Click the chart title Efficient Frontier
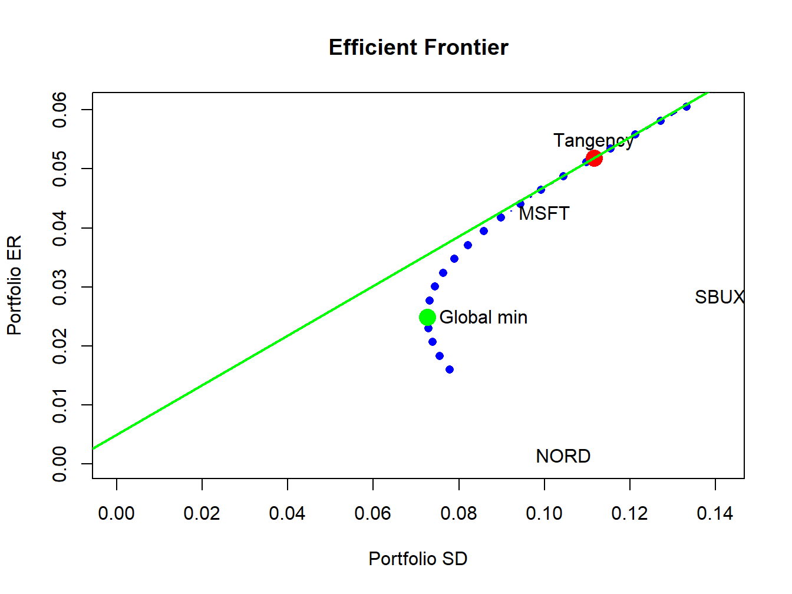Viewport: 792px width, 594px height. point(418,48)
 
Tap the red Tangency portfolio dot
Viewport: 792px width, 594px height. point(594,158)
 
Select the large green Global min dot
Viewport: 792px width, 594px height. point(427,318)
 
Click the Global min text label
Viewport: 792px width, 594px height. point(483,318)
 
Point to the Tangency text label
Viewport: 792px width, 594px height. point(593,141)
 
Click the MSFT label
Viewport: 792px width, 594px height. point(544,213)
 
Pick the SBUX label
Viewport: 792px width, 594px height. point(719,297)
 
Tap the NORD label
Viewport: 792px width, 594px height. point(563,456)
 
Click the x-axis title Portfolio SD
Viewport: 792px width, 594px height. point(418,559)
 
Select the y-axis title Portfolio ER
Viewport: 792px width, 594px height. point(14,285)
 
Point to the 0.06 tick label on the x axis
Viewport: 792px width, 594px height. point(373,514)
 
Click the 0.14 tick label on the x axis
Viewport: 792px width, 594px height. point(715,514)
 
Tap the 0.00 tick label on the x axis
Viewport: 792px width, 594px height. point(117,514)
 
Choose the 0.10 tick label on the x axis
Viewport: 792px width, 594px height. point(544,514)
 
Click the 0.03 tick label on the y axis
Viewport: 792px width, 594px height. point(60,287)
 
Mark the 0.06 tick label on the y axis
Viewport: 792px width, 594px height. point(60,110)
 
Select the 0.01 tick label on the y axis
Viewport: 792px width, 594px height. point(60,405)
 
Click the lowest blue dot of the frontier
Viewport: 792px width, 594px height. point(450,369)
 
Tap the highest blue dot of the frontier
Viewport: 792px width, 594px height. point(687,107)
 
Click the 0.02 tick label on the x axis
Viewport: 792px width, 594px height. point(202,514)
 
